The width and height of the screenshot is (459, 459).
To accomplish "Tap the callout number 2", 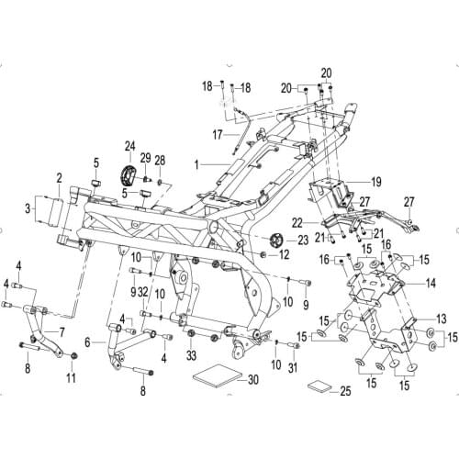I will pos(58,177).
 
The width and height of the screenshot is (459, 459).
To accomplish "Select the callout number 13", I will pos(440,318).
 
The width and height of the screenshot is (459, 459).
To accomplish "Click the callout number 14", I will pos(431,285).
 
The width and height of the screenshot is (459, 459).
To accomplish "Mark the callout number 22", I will pos(297,222).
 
